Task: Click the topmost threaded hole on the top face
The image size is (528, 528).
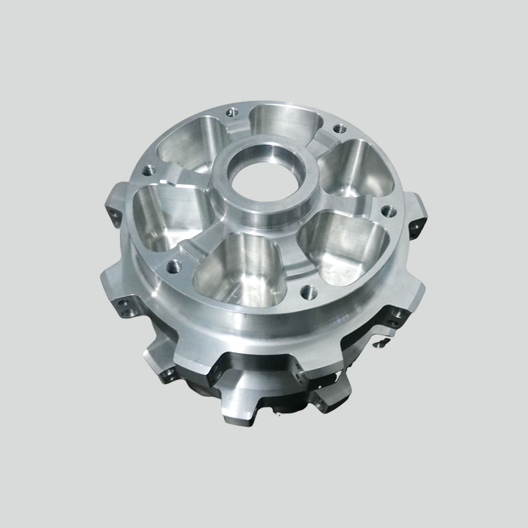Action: [x=231, y=112]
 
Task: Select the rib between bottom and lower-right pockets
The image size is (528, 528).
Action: [x=291, y=249]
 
